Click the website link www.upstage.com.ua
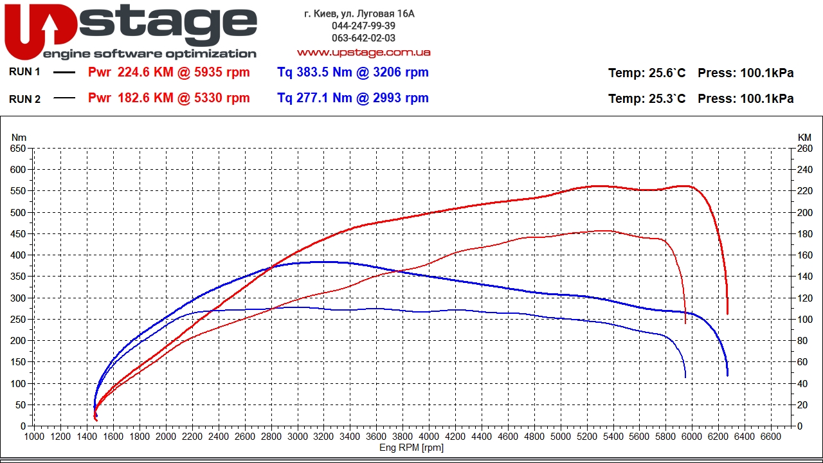point(363,52)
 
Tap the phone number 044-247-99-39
point(363,26)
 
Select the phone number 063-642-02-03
point(363,38)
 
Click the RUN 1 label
point(24,72)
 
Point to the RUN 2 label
point(24,99)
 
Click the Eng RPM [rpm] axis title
point(411,448)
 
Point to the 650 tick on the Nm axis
point(18,149)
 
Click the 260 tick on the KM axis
point(804,149)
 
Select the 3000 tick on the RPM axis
point(297,437)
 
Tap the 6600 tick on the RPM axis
point(770,437)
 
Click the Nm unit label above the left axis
point(19,137)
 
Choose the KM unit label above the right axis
point(804,137)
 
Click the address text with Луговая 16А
point(359,14)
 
